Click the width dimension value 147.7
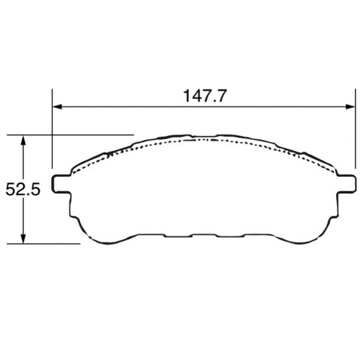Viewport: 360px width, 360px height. (x=205, y=96)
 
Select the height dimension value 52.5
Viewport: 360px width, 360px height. (x=23, y=190)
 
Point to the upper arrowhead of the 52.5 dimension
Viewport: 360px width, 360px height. (x=23, y=140)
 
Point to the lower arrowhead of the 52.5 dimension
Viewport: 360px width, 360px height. (x=23, y=239)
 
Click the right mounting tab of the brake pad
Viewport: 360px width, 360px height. (x=346, y=183)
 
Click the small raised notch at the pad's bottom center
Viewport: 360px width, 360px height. (x=205, y=233)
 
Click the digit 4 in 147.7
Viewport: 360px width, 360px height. (x=195, y=96)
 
